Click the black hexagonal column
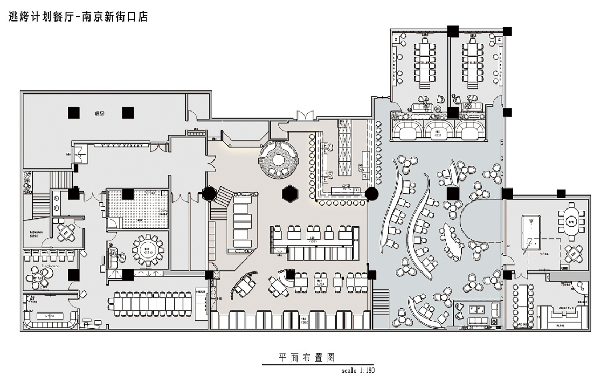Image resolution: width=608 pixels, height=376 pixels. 290,192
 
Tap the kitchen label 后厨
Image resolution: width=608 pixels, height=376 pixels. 99,113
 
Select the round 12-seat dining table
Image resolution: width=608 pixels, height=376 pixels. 145,248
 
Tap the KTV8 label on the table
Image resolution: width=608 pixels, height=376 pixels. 49,316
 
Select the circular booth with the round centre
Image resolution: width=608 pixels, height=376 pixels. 278,158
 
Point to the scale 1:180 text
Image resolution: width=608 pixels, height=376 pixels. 358,370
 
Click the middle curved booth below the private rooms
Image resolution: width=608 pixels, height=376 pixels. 439,130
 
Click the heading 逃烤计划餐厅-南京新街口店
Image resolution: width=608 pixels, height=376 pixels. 79,17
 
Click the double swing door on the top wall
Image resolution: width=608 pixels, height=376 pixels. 303,115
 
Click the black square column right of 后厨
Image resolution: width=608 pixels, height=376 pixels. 128,112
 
